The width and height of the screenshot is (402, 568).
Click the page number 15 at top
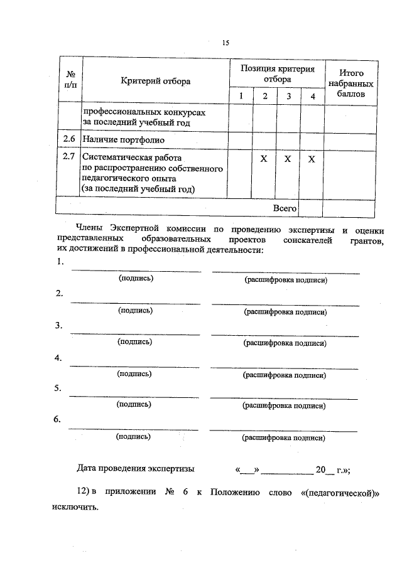(225, 43)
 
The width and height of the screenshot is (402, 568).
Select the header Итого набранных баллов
(350, 83)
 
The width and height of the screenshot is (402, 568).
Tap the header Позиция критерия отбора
(277, 74)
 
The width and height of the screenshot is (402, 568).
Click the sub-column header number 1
(240, 96)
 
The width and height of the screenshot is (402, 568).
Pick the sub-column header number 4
(312, 96)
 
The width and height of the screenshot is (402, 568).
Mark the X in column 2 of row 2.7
(264, 159)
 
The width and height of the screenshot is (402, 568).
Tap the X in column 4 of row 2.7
(312, 159)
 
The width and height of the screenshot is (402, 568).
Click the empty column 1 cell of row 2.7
(240, 173)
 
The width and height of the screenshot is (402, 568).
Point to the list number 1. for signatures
(60, 262)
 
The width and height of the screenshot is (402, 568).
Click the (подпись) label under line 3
(134, 342)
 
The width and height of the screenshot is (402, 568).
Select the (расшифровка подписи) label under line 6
(284, 438)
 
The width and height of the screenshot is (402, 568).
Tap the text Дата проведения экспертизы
(136, 468)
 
